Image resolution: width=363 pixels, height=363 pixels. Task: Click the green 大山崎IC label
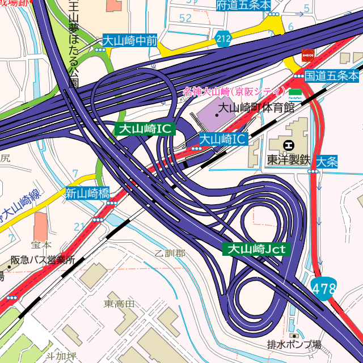coord(143,129)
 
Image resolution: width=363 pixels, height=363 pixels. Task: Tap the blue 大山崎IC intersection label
coord(223,138)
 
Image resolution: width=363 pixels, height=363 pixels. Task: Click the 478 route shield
coord(323,289)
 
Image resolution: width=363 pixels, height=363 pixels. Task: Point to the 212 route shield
coord(223,39)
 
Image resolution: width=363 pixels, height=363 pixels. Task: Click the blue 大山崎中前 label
coord(129,40)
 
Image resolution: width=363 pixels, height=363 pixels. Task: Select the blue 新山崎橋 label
coord(87,192)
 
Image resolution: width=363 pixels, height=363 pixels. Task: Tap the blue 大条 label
coord(327,162)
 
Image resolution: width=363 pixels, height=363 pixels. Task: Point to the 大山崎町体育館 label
coord(257,107)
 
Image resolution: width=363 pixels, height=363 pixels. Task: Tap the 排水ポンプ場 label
coord(294,344)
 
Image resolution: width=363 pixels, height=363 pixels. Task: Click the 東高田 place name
coord(119,304)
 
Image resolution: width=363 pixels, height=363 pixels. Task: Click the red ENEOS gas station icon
coord(308,55)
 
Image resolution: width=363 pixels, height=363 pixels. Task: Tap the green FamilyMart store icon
coord(295,91)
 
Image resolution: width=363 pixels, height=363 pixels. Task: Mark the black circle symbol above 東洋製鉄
coord(289,145)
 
